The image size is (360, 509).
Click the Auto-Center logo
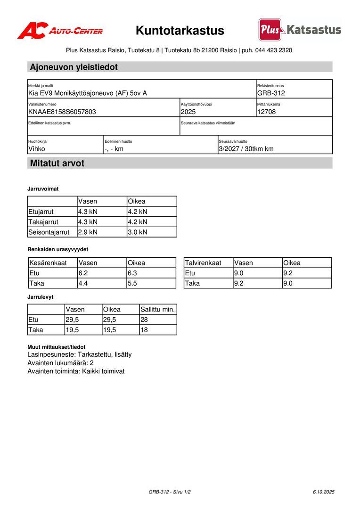click(60, 31)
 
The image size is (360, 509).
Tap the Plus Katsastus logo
click(300, 30)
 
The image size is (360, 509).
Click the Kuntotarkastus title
click(180, 31)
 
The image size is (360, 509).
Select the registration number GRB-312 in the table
click(271, 93)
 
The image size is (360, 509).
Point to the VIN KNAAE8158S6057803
click(62, 112)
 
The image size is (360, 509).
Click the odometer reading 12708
click(266, 112)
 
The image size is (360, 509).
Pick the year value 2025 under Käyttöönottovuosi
click(188, 112)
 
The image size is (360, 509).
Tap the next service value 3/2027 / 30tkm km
click(246, 149)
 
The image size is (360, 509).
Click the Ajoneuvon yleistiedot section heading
click(74, 67)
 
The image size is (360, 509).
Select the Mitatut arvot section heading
click(57, 164)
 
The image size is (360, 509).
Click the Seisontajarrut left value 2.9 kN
click(88, 232)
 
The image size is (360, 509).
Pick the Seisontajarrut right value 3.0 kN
click(138, 232)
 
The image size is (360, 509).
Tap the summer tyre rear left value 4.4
click(83, 284)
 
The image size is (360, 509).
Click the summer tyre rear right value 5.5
click(132, 284)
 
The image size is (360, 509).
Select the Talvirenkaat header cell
click(203, 263)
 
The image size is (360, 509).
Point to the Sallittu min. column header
click(157, 310)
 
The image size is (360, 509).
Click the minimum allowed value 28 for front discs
click(144, 320)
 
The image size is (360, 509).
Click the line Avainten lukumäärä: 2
click(61, 363)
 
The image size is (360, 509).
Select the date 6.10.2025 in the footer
click(323, 492)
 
